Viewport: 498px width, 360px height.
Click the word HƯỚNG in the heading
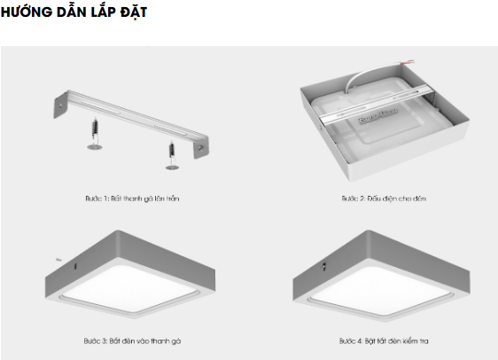click(27, 12)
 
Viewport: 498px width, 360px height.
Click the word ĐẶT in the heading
click(134, 12)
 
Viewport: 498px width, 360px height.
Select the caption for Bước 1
click(132, 199)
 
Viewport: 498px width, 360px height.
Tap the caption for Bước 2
click(384, 199)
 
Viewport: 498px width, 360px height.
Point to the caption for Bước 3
click(132, 340)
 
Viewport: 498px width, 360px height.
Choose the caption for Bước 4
click(384, 340)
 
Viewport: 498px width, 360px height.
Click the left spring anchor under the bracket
click(95, 134)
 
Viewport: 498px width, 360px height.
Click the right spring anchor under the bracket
click(172, 156)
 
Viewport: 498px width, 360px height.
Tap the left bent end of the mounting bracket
click(60, 105)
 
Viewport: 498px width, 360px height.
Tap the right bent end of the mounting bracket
click(201, 147)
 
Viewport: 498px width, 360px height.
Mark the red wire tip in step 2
click(411, 61)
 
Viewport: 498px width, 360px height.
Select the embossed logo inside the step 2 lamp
click(377, 115)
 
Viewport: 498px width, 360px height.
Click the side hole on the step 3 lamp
click(75, 266)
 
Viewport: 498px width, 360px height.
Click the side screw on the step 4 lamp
click(324, 266)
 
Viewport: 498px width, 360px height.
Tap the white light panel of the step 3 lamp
click(131, 287)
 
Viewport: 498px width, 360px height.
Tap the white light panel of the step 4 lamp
click(379, 288)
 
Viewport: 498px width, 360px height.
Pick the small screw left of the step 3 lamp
click(58, 260)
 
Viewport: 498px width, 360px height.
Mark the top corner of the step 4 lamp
click(369, 231)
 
